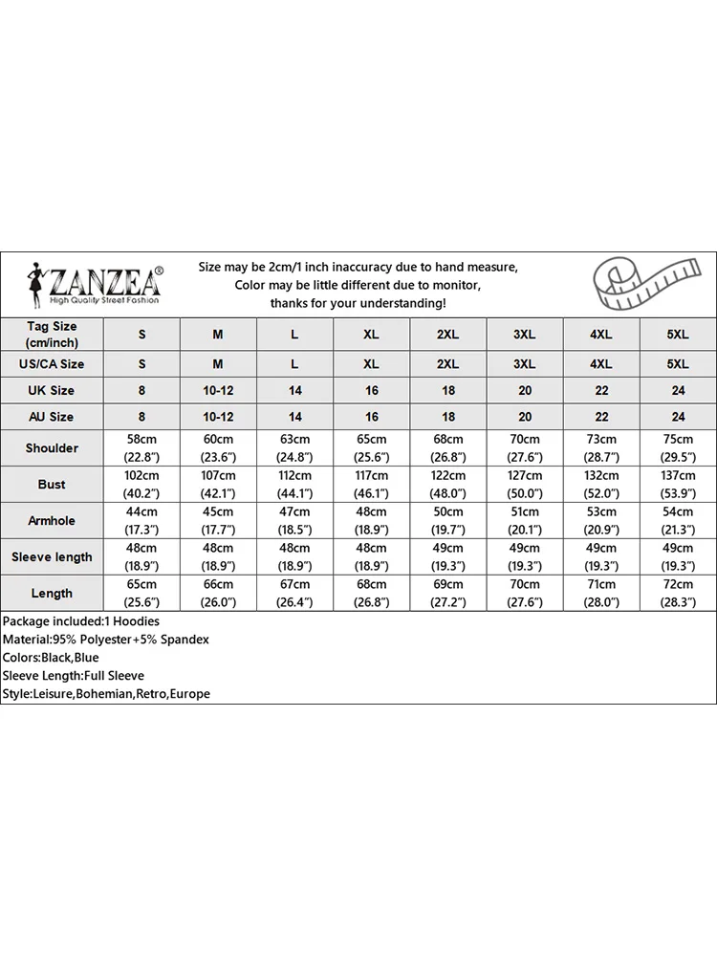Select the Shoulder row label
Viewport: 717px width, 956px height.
(52, 448)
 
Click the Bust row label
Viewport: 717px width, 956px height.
(52, 485)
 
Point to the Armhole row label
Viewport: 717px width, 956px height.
(52, 521)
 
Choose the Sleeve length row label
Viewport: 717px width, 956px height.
(52, 557)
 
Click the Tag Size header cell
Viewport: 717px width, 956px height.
(52, 335)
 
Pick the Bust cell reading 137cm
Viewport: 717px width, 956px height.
(678, 485)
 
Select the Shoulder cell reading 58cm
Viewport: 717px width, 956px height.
(141, 448)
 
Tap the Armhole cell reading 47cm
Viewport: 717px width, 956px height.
(294, 521)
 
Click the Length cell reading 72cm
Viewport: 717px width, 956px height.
(678, 594)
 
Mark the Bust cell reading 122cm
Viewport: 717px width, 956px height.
(447, 485)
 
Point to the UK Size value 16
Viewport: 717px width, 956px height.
(371, 390)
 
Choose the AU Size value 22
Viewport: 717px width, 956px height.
(601, 417)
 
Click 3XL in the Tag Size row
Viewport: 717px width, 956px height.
(524, 335)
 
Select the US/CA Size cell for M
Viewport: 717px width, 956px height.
(218, 364)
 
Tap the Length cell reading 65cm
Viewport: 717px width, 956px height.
(141, 594)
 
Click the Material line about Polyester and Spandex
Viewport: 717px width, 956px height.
(106, 640)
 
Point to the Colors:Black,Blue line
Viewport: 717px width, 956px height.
(51, 658)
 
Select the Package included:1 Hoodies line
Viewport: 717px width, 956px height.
(81, 621)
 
